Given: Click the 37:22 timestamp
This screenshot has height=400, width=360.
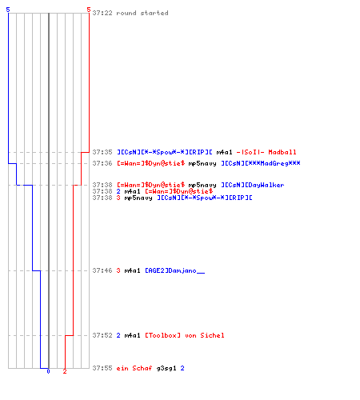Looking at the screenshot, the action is (102, 13).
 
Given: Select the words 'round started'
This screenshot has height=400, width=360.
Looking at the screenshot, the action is (142, 13).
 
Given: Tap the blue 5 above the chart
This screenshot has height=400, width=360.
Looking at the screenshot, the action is (8, 10).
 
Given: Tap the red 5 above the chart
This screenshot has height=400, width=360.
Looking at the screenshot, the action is (89, 10).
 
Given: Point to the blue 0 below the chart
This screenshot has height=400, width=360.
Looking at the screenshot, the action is (48, 371).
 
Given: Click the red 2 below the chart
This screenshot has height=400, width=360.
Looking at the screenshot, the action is (65, 371).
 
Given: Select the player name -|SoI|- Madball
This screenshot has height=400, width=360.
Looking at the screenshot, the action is (266, 152).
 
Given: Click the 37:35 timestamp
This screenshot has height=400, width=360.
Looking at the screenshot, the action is (102, 152).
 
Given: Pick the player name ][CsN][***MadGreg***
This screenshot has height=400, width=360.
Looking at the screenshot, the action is (261, 163).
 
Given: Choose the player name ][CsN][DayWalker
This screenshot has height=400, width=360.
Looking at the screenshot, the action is (253, 185).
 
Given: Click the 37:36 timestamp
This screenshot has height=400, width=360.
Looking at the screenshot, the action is (102, 163).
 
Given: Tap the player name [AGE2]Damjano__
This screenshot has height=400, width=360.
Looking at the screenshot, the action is (175, 270).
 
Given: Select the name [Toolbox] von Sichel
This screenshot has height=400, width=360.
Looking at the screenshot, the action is (185, 335).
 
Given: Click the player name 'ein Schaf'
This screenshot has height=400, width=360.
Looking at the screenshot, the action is (134, 368).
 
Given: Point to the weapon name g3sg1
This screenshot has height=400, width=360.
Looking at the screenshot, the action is (166, 369).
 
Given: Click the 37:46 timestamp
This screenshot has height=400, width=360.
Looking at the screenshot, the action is (102, 270).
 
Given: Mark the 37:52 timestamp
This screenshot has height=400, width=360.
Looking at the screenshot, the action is (102, 335).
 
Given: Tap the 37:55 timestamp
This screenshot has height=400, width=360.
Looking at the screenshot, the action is (102, 368).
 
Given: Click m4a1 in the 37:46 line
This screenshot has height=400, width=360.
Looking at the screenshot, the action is (132, 270).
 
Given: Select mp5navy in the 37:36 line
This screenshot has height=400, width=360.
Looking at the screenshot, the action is (202, 163).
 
